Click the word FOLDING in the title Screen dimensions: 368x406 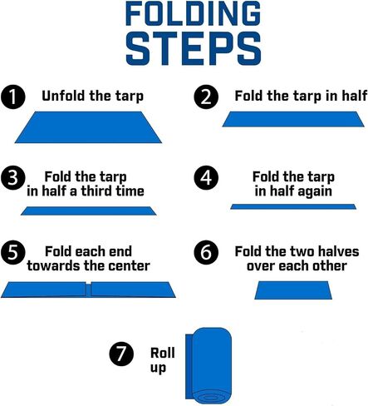pos(193,13)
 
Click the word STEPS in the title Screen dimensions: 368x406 pos(194,49)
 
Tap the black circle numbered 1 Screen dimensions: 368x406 pos(12,97)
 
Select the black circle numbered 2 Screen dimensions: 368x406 pos(206,97)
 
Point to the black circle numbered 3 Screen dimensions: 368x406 pos(12,178)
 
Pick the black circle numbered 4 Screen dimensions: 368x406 pos(206,178)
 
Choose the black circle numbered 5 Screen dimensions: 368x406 pos(12,252)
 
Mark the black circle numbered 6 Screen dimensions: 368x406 pos(206,252)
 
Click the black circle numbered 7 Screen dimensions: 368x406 pos(121,354)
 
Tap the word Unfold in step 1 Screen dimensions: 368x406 pos(63,96)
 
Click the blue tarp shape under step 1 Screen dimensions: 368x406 pos(88,127)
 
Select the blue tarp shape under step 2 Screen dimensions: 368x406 pos(293,119)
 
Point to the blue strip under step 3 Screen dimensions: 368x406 pos(89,210)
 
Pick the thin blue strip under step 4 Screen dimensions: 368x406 pos(293,206)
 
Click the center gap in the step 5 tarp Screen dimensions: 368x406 pos(88,290)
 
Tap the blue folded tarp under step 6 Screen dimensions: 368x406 pos(293,290)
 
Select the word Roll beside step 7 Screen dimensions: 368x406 pos(163,353)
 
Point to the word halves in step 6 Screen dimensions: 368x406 pos(338,251)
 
